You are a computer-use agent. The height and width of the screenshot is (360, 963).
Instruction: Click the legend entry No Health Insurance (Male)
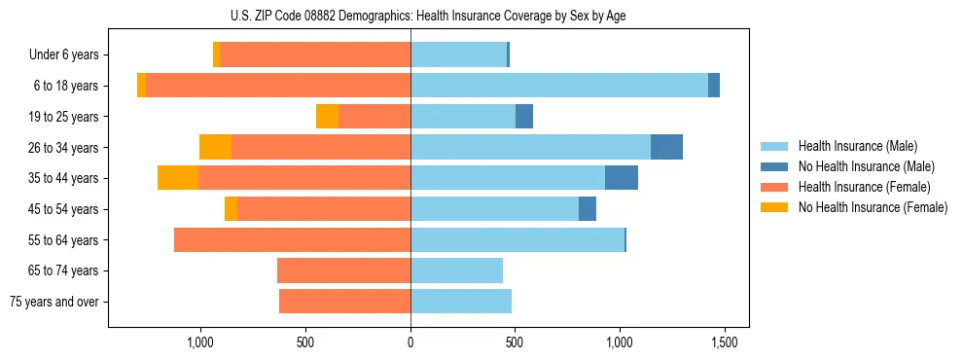866,166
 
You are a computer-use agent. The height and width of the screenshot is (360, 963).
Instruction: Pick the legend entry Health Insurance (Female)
864,187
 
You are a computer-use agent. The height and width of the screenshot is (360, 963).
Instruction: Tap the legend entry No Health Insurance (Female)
872,207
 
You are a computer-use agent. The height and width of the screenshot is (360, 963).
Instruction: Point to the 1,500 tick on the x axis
724,343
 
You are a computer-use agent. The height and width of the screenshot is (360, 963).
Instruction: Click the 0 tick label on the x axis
410,343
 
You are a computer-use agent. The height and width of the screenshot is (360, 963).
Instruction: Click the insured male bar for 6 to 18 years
559,86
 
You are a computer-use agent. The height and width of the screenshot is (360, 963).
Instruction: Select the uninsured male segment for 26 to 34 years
666,147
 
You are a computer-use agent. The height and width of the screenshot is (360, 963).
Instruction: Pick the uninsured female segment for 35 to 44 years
178,178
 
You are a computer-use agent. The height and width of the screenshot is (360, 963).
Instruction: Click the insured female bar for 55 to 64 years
292,239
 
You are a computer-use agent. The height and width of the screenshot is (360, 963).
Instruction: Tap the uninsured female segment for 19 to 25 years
327,116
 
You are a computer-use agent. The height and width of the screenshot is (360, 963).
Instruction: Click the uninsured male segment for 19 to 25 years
524,116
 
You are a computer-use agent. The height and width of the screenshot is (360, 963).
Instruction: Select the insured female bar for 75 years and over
344,302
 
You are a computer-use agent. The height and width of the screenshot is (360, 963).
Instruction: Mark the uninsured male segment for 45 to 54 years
588,209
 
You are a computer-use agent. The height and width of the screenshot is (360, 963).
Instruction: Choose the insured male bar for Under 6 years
458,54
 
